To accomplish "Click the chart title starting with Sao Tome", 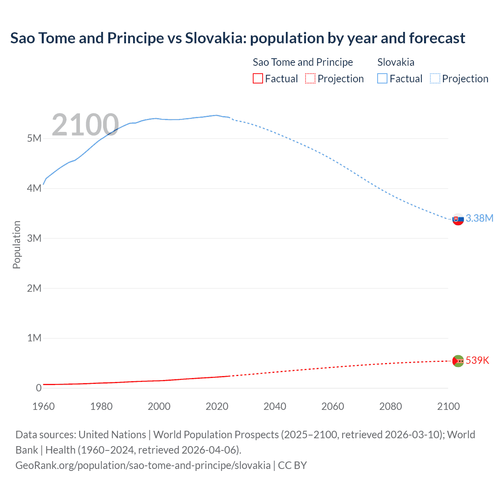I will [237, 38].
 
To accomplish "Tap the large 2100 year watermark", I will [85, 125].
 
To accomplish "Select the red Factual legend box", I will [258, 78].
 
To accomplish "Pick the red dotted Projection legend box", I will [310, 78].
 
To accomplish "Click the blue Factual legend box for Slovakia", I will [382, 78].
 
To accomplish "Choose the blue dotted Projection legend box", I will [435, 78].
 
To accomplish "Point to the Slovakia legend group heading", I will [396, 62].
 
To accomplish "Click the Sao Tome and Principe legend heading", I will [302, 62].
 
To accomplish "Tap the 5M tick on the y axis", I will [34, 138].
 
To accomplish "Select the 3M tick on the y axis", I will [34, 238].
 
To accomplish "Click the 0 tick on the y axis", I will [39, 388].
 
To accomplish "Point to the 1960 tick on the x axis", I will [43, 406].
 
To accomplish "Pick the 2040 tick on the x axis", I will [275, 406].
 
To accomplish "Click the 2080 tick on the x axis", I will [391, 406].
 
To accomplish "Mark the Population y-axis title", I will [17, 245].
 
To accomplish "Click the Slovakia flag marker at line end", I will [458, 219].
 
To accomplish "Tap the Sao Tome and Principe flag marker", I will [458, 361].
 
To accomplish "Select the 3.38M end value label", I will [479, 218].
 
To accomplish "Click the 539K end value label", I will [477, 360].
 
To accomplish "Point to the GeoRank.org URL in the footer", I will [143, 465].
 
